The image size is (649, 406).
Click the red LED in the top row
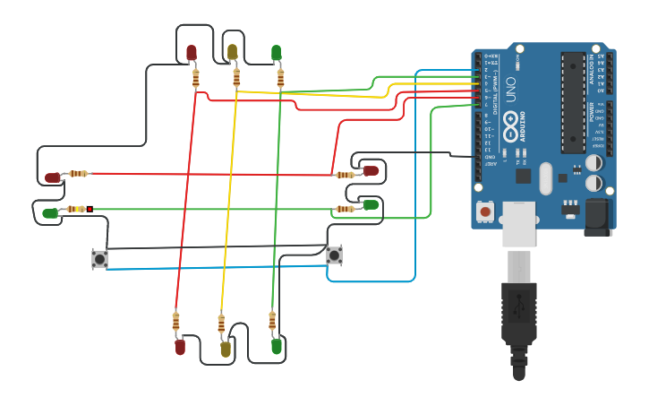(191, 53)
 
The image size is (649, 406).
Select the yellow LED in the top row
(232, 52)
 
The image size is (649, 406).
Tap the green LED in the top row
(276, 52)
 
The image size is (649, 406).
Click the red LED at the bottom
(180, 346)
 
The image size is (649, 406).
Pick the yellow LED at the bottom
(226, 348)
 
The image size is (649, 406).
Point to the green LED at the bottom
(277, 345)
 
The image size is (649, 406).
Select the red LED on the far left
(53, 177)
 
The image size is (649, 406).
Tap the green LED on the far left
(50, 213)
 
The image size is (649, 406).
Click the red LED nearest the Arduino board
(370, 170)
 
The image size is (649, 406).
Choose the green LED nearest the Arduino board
(370, 205)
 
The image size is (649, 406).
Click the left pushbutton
(99, 259)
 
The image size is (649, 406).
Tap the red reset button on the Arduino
(485, 212)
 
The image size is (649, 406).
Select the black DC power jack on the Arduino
(596, 217)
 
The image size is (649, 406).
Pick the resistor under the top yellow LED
(236, 78)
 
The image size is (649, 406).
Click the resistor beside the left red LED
(79, 174)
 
